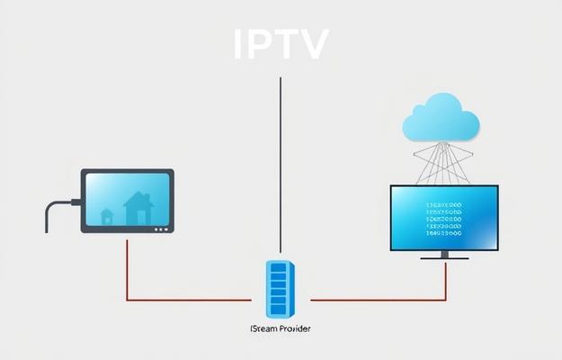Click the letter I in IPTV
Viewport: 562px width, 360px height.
pos(238,43)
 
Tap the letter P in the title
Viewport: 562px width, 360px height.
pos(258,43)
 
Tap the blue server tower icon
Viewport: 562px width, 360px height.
pos(280,288)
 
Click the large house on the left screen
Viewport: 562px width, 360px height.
pos(138,208)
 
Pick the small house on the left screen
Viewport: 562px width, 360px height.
pos(107,216)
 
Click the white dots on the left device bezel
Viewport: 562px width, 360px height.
pos(161,229)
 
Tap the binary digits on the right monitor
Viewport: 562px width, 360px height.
pos(443,217)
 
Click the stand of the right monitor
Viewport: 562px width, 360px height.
pos(445,255)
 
